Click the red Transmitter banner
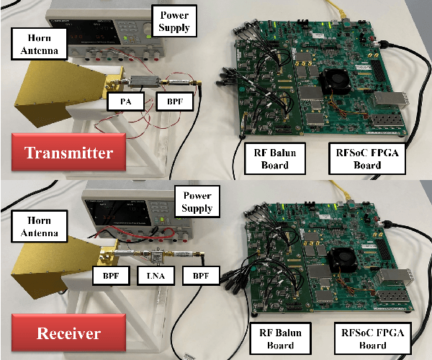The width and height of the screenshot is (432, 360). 68,153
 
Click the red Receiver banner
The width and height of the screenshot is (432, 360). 68,334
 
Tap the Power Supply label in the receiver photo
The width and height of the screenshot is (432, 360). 197,202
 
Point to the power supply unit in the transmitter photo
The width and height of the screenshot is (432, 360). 108,32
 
